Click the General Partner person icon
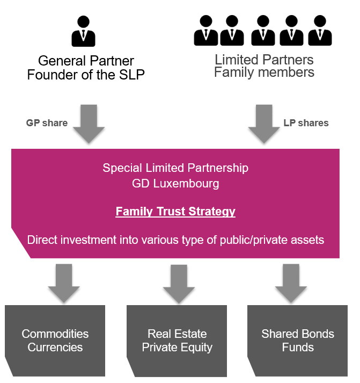[x=83, y=31]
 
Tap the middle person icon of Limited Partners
[x=263, y=30]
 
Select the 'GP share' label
[x=47, y=123]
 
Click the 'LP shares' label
[x=306, y=123]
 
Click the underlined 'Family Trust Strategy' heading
[x=175, y=212]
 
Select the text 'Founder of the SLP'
[x=86, y=75]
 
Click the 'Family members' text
[x=264, y=72]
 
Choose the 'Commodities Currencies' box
[x=55, y=341]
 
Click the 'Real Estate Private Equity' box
[x=177, y=341]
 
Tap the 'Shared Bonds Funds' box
[x=298, y=341]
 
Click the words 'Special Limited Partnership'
[x=175, y=168]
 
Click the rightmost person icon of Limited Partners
[x=320, y=30]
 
